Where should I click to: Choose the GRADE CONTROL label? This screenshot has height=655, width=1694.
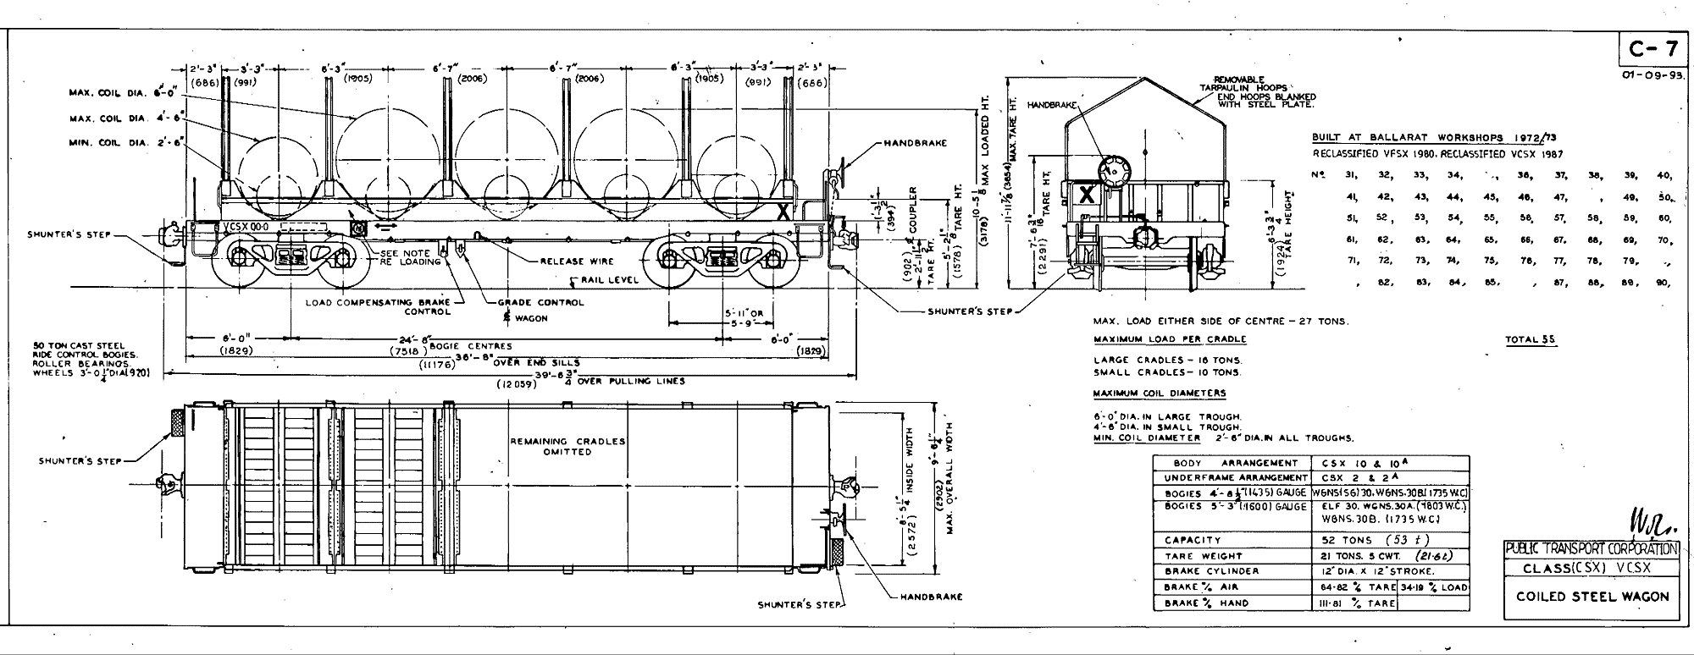(540, 302)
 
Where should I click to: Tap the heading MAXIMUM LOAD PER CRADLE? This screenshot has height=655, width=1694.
(1170, 339)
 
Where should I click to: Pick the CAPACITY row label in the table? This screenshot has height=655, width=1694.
(1192, 540)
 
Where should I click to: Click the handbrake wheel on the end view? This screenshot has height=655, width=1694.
(1112, 170)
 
